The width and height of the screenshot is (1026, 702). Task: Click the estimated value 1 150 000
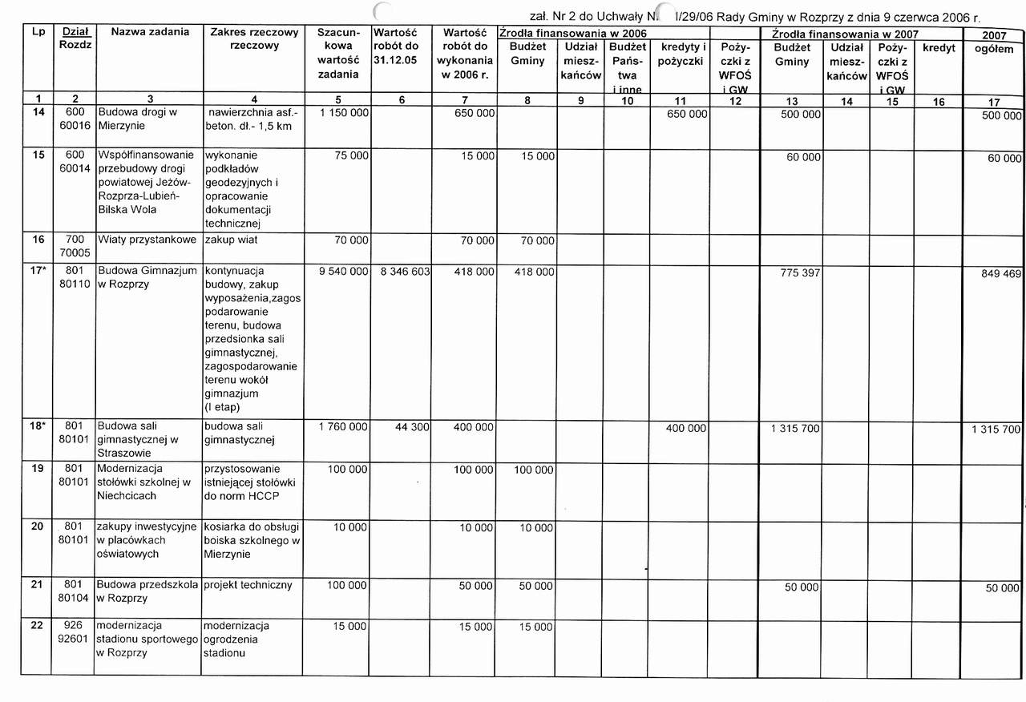pos(343,114)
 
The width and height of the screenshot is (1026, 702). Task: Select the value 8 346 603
pos(406,272)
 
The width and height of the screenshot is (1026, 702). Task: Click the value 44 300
pos(413,428)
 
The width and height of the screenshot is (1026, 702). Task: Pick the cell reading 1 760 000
pos(343,428)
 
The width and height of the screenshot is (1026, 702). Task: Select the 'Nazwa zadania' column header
pos(150,32)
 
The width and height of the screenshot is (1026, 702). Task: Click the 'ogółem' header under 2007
pos(994,49)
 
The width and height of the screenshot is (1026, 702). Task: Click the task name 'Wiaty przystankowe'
pos(147,240)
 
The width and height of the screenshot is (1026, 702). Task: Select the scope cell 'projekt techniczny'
pos(248,585)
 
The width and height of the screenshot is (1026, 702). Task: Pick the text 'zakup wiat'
pos(232,240)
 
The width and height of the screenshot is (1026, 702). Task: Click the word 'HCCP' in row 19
pos(262,496)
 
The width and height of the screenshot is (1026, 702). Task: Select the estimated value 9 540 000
pos(343,272)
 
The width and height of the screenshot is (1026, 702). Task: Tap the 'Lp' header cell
pos(38,32)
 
